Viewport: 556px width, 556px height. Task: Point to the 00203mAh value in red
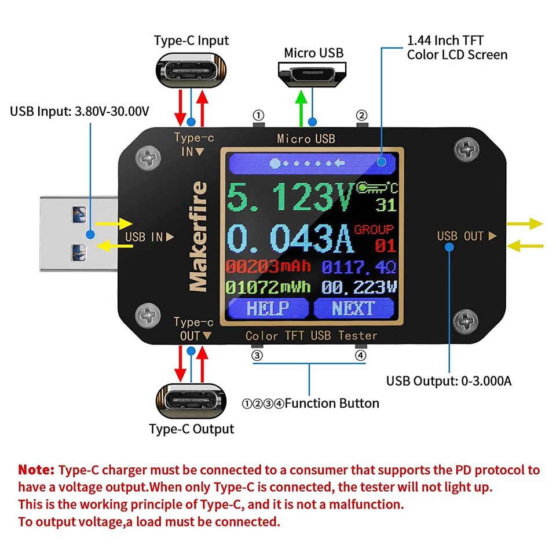(x=268, y=267)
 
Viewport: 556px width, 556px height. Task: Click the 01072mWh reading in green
(x=268, y=287)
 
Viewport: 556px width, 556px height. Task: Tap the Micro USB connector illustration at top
(x=312, y=74)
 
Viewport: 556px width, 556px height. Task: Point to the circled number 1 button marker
(x=258, y=115)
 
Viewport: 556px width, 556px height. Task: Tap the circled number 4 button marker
(x=361, y=356)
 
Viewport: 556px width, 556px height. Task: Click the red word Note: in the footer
(x=36, y=469)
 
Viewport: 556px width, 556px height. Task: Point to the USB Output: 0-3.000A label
(x=448, y=381)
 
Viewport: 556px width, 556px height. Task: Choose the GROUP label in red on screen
(x=374, y=229)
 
